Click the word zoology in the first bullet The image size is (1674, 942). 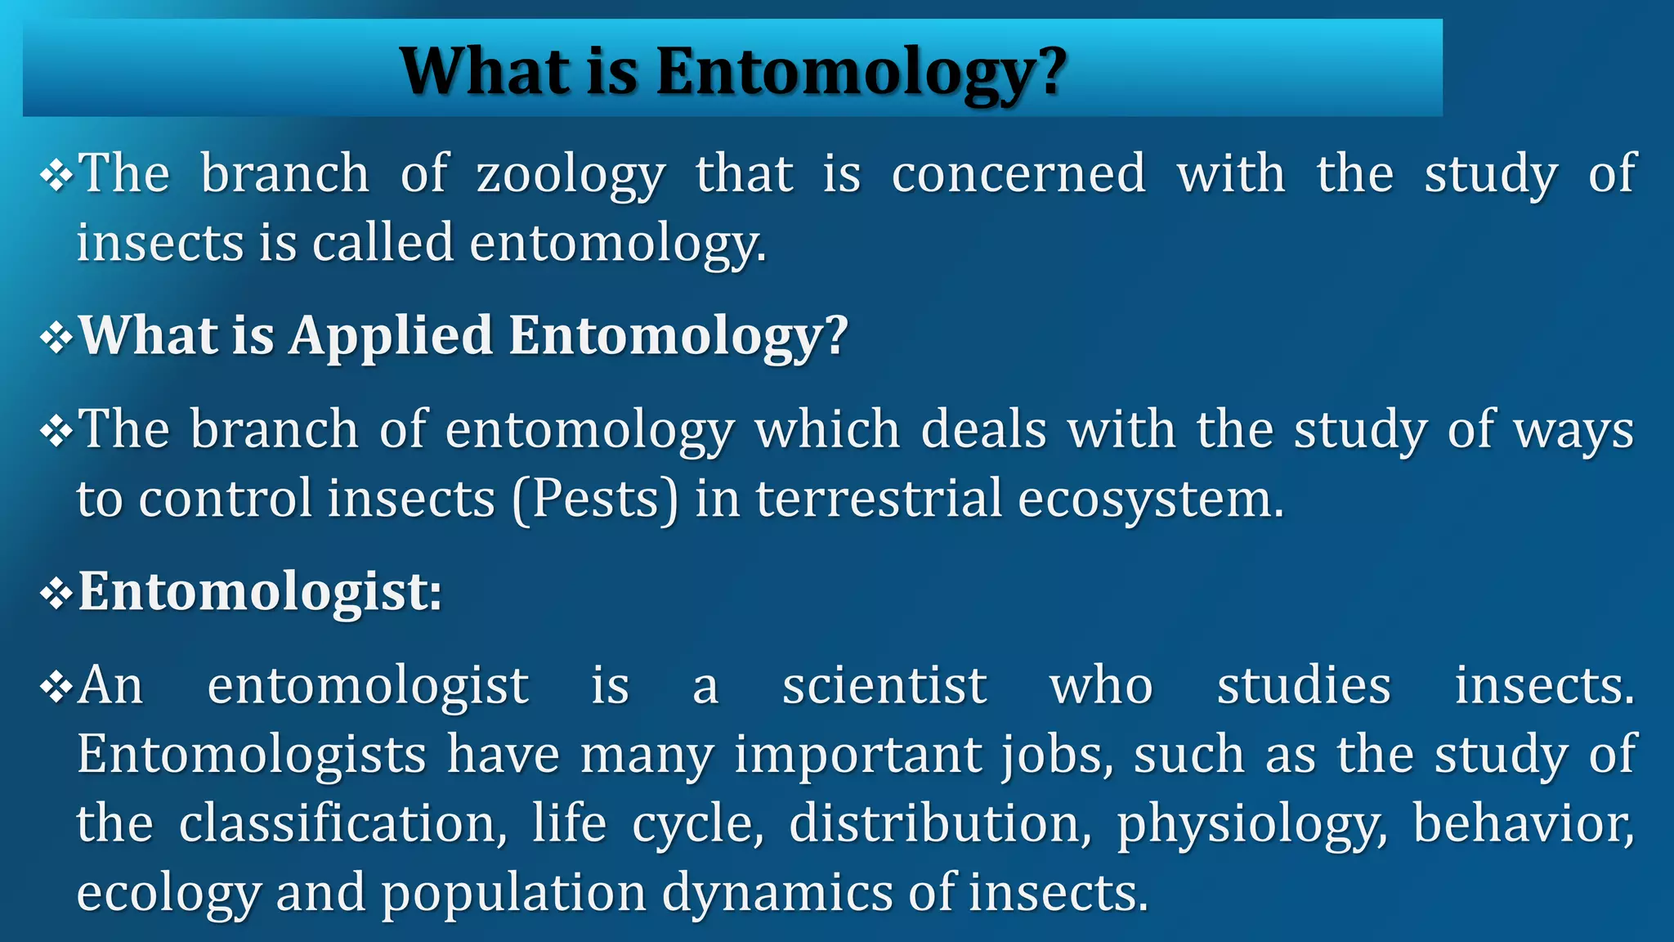coord(571,174)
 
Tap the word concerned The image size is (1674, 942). coord(1018,174)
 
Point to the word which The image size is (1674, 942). coord(827,429)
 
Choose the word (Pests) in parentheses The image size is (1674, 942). coord(596,499)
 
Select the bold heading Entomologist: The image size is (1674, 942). coord(260,591)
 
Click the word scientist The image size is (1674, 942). coord(884,685)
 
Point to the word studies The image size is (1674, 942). coord(1304,685)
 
